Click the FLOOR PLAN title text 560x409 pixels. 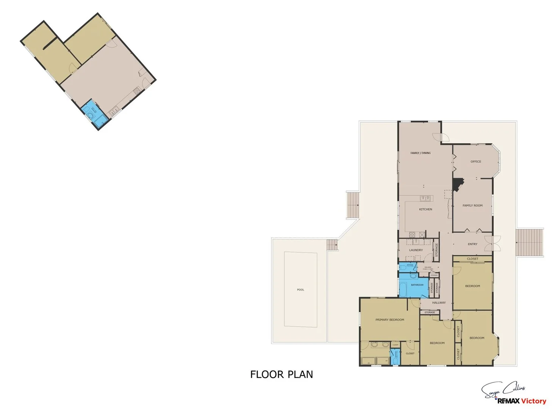point(282,375)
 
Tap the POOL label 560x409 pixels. point(300,290)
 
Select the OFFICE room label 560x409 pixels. point(476,162)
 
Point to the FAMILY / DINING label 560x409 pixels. point(421,153)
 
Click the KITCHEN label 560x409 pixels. point(425,209)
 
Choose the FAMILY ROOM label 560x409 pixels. point(472,206)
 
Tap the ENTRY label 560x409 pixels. point(472,244)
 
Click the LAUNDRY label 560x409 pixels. point(416,250)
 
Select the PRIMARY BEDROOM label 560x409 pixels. point(390,320)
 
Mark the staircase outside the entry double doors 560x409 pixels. point(530,243)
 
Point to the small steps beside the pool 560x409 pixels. point(332,245)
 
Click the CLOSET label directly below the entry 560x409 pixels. point(472,259)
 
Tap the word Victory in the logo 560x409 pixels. point(533,401)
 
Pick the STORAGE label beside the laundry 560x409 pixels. point(436,250)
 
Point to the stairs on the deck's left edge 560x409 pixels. point(352,205)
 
